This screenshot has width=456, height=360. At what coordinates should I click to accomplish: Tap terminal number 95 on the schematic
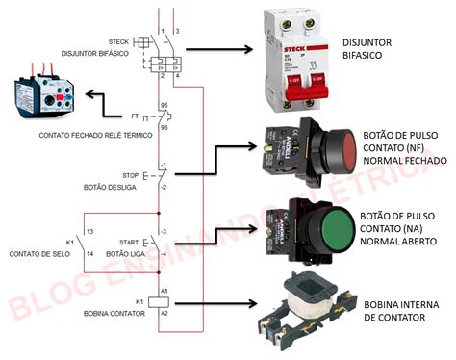(x=165, y=105)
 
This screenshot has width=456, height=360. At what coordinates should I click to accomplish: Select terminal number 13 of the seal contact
(x=89, y=233)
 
